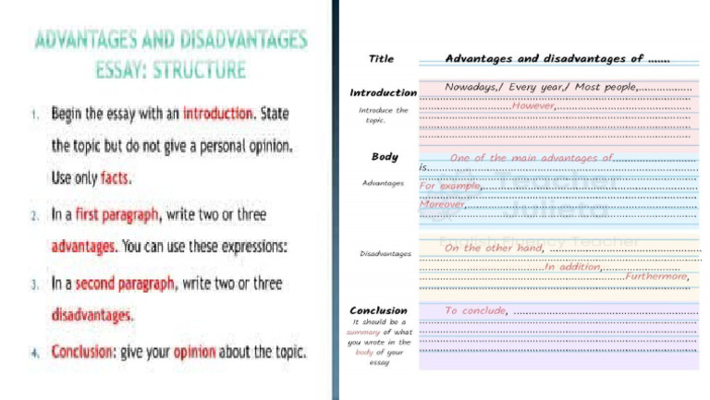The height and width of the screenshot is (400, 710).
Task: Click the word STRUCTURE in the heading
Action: click(199, 70)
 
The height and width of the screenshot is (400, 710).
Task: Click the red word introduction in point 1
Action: click(218, 114)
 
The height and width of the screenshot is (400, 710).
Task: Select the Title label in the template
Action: click(381, 59)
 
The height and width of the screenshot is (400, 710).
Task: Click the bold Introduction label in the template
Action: click(383, 92)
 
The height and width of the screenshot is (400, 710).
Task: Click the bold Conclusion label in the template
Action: click(378, 310)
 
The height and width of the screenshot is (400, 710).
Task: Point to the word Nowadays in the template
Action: click(472, 87)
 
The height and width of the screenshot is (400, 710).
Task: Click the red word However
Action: click(532, 106)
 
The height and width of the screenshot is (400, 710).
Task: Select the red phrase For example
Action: click(450, 186)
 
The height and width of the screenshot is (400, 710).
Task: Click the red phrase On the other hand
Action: click(493, 248)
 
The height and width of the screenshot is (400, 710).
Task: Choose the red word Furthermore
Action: click(656, 276)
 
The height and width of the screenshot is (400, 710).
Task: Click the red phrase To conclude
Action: click(475, 310)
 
